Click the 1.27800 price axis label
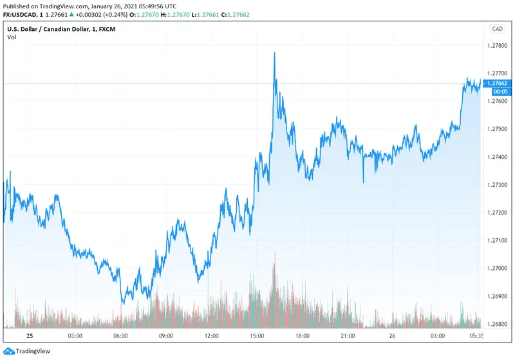coord(500,46)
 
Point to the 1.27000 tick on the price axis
coord(500,269)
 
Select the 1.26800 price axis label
coord(500,324)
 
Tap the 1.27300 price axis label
coord(500,185)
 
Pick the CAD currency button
coord(497,28)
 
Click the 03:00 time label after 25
coord(74,336)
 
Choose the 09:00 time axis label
coord(166,336)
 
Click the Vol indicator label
coord(12,37)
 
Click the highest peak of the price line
coord(275,53)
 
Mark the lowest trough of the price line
coord(124,301)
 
